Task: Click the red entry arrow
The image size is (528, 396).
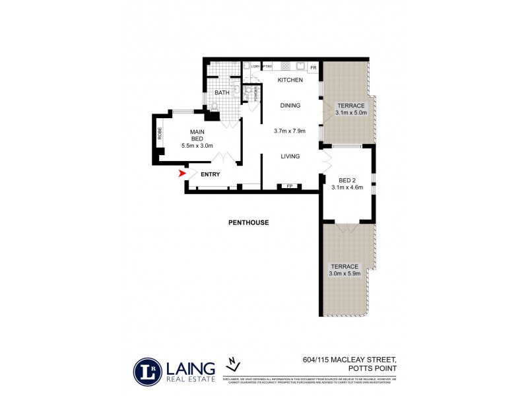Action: (182, 174)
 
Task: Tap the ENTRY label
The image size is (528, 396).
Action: (210, 174)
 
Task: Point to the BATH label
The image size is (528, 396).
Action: (222, 93)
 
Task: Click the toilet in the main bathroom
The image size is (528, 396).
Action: (214, 106)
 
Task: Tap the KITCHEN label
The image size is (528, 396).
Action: (290, 80)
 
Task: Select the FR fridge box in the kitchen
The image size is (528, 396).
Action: (313, 67)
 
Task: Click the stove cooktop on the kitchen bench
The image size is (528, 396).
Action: (286, 66)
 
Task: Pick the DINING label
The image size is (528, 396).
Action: (290, 105)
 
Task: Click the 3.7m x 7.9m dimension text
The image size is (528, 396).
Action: (290, 131)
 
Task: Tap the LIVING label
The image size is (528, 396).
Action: (290, 156)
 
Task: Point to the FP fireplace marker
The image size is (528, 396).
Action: (289, 187)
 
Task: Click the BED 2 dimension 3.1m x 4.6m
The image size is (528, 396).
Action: (347, 187)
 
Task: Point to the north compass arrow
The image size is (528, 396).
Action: (232, 362)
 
